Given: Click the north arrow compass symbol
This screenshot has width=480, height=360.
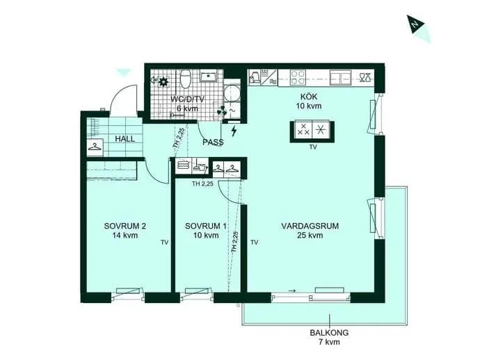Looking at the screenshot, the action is (415, 24).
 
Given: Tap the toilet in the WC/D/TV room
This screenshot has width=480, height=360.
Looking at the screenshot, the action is (186, 79).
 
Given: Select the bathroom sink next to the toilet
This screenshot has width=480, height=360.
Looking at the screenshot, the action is (209, 76).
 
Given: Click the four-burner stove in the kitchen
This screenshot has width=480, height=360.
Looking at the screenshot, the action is (298, 77).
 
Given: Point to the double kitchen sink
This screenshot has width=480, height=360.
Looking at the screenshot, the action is (340, 77).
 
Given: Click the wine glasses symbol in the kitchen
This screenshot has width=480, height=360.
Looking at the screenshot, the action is (365, 77).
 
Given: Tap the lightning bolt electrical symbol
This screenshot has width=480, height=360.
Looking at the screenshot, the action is (234, 131).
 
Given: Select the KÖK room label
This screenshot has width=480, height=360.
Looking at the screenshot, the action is (309, 97).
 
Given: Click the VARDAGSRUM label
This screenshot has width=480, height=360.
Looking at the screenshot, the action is (310, 226).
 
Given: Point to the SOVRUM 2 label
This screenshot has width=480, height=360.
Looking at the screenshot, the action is (125, 226).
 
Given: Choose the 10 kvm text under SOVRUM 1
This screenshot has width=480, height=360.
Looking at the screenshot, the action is (206, 235).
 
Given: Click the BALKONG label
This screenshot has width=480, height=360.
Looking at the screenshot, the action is (329, 332).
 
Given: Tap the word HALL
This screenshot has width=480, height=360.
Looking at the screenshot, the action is (125, 139).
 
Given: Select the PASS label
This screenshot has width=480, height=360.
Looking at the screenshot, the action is (213, 142).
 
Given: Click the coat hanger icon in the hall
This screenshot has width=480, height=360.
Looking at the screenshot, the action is (95, 147).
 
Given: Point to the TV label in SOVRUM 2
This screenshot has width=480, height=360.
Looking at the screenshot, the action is (165, 243).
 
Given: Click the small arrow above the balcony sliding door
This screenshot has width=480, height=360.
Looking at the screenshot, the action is (292, 291).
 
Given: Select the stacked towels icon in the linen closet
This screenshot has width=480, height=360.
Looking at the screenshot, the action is (184, 165).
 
